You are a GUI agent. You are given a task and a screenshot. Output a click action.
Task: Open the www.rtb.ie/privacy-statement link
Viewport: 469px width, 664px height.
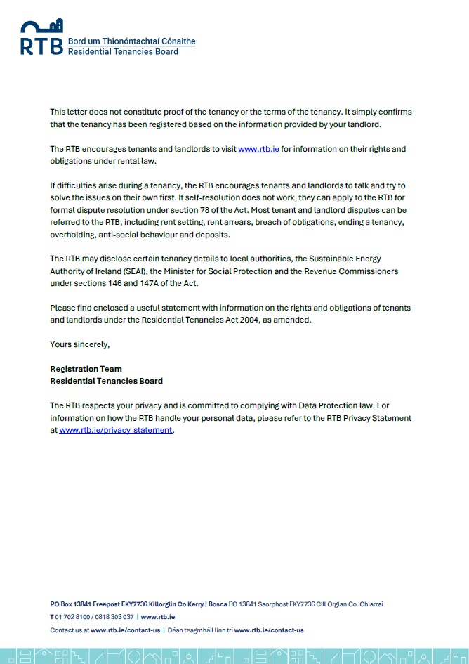pos(116,430)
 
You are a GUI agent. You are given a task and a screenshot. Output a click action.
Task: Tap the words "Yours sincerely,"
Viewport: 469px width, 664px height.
pos(80,344)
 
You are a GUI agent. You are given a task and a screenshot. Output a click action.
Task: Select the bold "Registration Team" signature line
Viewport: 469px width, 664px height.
pos(86,369)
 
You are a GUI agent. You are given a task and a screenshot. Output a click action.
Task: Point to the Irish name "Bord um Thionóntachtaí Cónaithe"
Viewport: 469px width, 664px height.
pos(131,41)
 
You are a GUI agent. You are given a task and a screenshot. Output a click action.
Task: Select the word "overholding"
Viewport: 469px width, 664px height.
pos(73,235)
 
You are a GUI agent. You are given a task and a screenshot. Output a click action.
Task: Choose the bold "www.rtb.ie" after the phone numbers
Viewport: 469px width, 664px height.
pos(158,616)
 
